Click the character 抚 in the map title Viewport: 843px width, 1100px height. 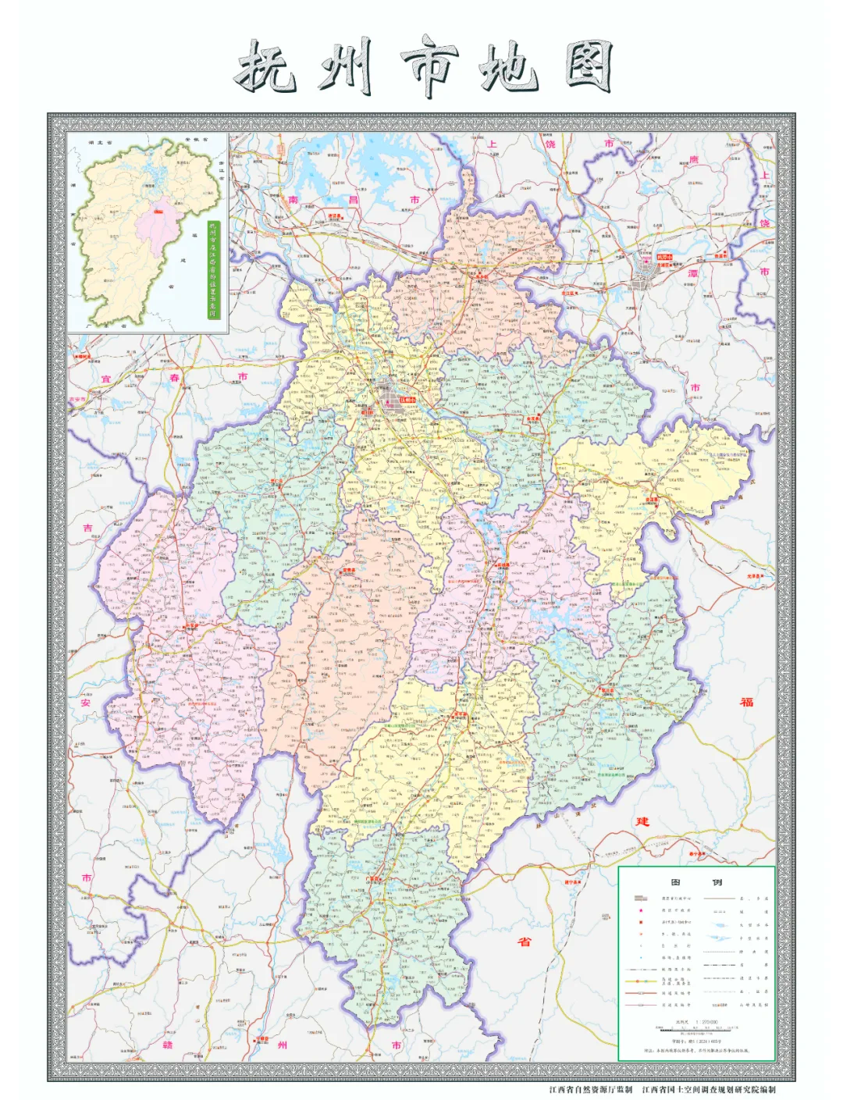pos(265,66)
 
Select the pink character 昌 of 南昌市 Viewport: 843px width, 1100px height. pos(353,200)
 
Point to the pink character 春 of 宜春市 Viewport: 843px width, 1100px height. pos(175,378)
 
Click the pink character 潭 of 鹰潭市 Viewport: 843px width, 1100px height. pos(692,274)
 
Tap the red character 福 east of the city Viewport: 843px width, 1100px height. pos(747,701)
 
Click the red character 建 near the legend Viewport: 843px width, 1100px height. pos(642,821)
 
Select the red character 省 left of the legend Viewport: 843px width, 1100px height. pos(525,942)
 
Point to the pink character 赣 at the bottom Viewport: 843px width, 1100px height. pos(168,1045)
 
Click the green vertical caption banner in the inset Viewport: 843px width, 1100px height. pos(213,269)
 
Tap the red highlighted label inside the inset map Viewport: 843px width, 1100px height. pos(158,210)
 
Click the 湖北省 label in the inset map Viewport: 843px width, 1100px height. pos(101,143)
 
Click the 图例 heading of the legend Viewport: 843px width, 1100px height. pos(695,882)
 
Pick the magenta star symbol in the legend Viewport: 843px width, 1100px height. pos(641,910)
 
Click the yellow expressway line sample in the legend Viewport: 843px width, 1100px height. pos(641,981)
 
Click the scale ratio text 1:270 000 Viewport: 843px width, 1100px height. pos(696,1021)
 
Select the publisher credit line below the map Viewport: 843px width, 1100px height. pos(662,1089)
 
